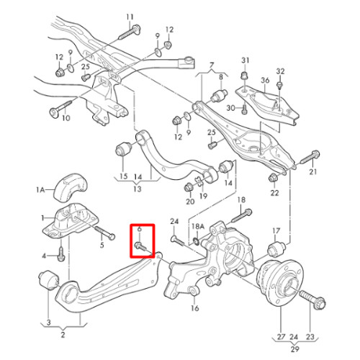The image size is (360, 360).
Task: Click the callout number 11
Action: (x=130, y=17)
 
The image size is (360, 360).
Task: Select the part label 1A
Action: (x=40, y=190)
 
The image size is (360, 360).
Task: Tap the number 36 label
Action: (x=265, y=80)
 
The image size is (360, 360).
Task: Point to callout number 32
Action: (x=280, y=71)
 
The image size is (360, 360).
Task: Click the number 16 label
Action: (x=195, y=307)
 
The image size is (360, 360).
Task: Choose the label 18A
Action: (x=198, y=226)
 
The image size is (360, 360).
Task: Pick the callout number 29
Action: (x=295, y=348)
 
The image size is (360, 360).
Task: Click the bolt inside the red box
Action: (x=142, y=247)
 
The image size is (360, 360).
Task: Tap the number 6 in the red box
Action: (x=140, y=229)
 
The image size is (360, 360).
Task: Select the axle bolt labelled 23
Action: (x=312, y=299)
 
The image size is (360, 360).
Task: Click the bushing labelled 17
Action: (x=276, y=249)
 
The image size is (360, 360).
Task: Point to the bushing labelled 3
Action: (x=49, y=280)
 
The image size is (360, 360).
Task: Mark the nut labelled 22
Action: (x=273, y=178)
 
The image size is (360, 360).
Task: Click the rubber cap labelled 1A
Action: (x=70, y=186)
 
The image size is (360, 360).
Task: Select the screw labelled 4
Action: (x=61, y=254)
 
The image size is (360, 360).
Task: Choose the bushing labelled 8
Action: (x=219, y=95)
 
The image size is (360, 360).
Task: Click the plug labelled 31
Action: (x=244, y=76)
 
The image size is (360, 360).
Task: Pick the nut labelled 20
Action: (x=189, y=187)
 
